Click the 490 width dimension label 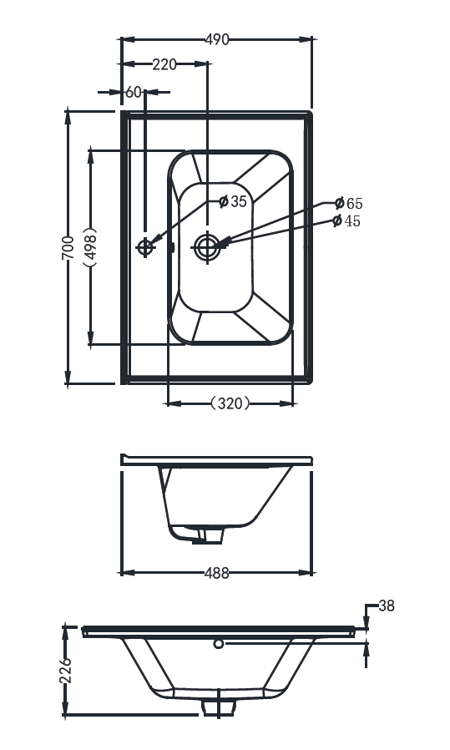click(217, 39)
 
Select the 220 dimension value click(164, 63)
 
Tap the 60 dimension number click(134, 92)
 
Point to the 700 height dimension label click(68, 247)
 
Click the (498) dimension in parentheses click(90, 247)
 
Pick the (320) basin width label click(230, 403)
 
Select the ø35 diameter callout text click(233, 201)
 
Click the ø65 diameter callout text click(349, 203)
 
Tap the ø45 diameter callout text click(346, 221)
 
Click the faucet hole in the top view click(145, 247)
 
